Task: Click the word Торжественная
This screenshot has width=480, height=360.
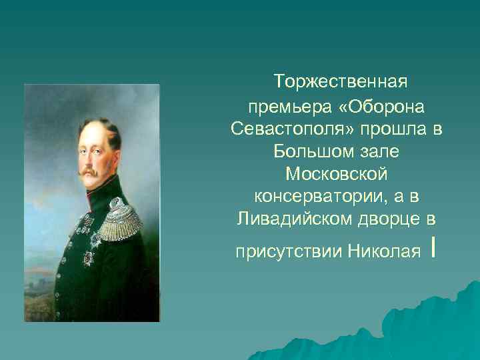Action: click(x=340, y=83)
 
